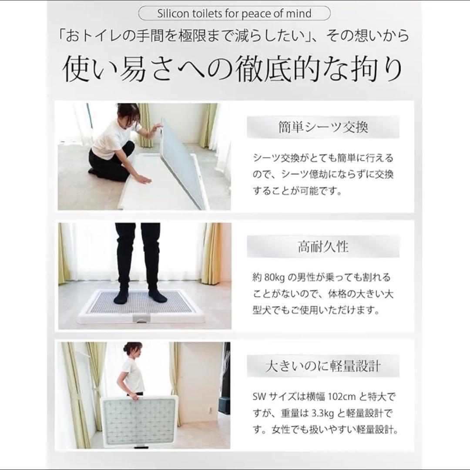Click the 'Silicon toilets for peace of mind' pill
235,13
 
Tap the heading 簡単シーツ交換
323,127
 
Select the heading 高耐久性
323,247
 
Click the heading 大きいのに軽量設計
323,366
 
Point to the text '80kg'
274,277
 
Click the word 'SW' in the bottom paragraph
259,397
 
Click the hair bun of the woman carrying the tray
127,347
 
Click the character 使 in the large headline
78,69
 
